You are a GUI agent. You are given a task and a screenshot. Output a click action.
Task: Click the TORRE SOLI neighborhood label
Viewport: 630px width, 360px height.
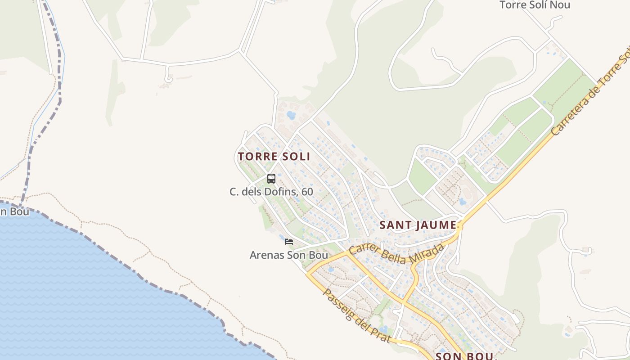274,157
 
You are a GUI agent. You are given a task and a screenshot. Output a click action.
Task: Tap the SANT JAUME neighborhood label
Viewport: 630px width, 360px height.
418,225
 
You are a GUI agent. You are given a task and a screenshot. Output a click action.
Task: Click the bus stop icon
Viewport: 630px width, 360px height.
271,179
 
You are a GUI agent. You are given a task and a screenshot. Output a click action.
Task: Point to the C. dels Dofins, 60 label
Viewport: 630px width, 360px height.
271,192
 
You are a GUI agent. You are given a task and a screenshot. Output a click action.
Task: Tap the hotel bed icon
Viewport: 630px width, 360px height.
289,242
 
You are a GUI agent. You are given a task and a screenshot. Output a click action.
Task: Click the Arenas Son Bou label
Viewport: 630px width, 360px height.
288,255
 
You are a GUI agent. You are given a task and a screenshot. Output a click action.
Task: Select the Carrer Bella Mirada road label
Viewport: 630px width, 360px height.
396,253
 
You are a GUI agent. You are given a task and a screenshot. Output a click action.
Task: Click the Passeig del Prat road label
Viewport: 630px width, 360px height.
356,315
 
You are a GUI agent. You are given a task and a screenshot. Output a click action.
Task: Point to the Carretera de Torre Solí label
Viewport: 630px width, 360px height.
589,95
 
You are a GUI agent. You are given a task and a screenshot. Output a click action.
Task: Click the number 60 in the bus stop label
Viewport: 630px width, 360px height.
307,192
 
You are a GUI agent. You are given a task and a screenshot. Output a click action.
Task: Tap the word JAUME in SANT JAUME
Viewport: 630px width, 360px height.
435,225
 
